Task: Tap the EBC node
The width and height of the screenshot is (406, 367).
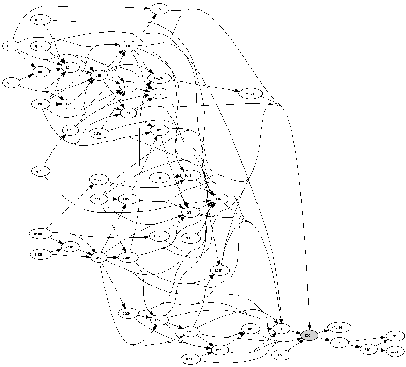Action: [x=10, y=46]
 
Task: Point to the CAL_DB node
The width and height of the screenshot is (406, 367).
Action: [x=337, y=328]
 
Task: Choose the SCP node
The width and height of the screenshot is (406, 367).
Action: [x=10, y=83]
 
